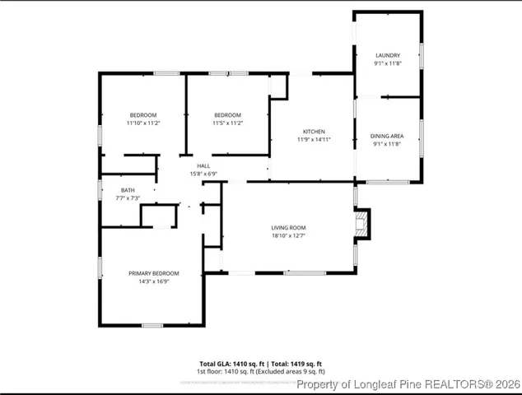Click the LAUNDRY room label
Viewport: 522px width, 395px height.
[x=387, y=55]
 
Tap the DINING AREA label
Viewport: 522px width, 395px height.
[x=387, y=136]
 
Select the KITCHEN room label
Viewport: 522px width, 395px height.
[x=314, y=132]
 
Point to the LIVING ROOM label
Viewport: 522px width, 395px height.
[x=288, y=227]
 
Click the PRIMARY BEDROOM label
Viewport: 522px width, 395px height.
[x=153, y=273]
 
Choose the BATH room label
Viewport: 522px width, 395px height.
[x=128, y=190]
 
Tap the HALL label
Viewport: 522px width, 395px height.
[x=203, y=165]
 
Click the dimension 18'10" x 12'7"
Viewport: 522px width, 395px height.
[x=288, y=235]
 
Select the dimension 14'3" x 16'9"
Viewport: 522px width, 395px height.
[x=153, y=281]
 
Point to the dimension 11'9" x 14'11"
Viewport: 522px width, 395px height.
[x=314, y=140]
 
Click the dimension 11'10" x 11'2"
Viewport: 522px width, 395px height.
[x=143, y=123]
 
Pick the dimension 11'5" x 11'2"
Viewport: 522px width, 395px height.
[x=227, y=123]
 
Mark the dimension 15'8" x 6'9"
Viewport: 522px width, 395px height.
[x=203, y=174]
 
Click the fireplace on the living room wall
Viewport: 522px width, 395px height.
[x=361, y=225]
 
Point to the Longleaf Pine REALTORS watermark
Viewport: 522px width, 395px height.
[x=407, y=383]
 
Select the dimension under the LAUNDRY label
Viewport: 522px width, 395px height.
[x=387, y=63]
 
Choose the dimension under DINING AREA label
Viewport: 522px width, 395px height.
[x=387, y=144]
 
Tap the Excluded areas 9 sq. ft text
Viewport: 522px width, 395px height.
[x=292, y=371]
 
